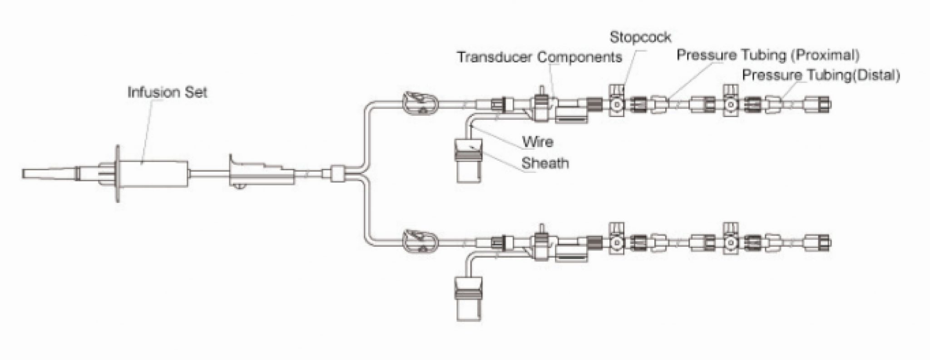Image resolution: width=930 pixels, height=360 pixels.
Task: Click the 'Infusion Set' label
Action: click(x=167, y=93)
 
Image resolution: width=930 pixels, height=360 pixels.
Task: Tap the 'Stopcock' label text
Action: click(x=640, y=37)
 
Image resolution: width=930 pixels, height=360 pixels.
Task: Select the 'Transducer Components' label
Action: click(x=539, y=57)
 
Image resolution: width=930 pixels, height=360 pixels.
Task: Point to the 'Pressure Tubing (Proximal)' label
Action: click(x=767, y=55)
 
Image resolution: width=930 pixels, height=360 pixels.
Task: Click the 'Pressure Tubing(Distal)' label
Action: click(x=821, y=75)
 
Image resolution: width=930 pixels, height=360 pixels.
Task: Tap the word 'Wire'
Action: click(x=537, y=142)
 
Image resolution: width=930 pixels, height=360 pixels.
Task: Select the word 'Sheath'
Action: click(x=545, y=163)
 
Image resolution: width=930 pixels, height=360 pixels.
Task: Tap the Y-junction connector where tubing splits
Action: click(x=337, y=174)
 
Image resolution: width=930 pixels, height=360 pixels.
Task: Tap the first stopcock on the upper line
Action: click(x=616, y=104)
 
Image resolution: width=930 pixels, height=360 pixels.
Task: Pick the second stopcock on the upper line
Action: click(x=730, y=104)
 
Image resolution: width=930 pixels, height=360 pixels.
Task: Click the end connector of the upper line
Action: click(x=818, y=104)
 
